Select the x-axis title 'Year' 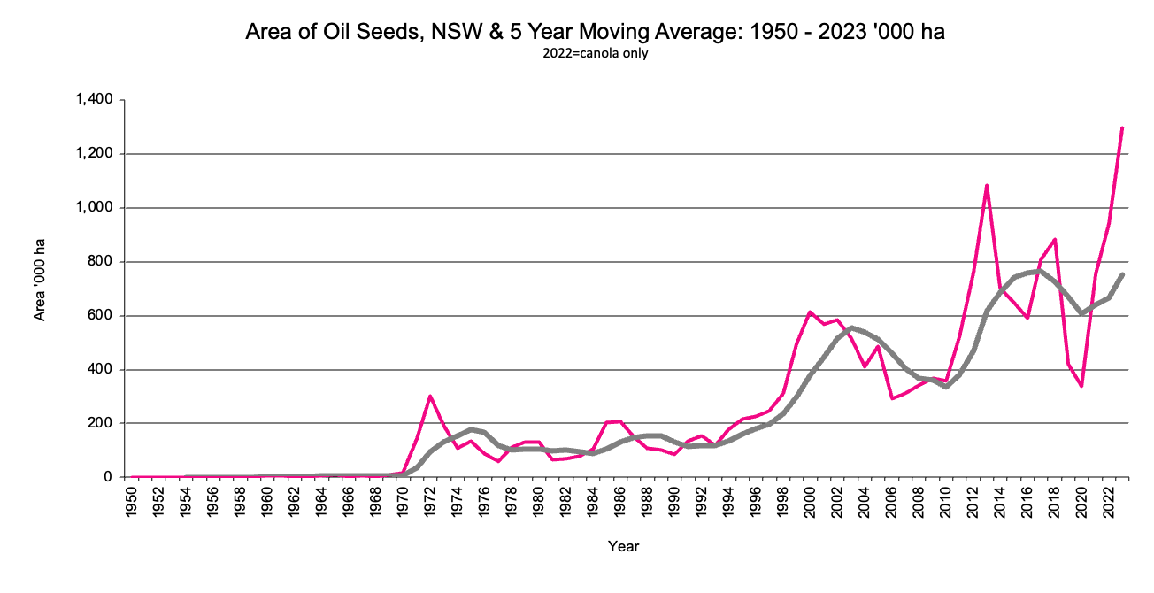623,546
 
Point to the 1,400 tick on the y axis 93,100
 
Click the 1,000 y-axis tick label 93,208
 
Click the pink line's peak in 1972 430,396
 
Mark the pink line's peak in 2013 986,186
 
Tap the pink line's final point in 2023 1122,128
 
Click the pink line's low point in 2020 1081,386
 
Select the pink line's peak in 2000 810,312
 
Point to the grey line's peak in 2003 850,327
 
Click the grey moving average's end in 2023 1122,274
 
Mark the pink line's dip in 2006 891,398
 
